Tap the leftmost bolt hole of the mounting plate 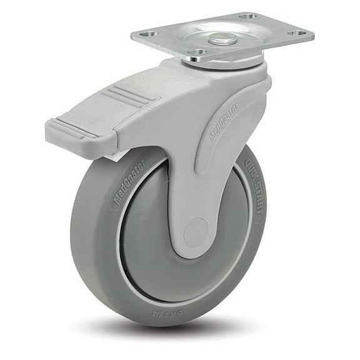149,34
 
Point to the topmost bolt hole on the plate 248,16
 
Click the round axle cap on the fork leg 196,232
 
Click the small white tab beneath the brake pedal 116,154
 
